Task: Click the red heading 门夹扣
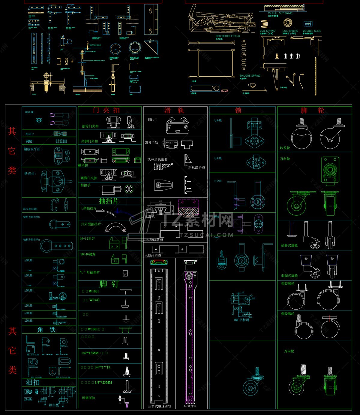pos(106,110)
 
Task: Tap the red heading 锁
pos(238,111)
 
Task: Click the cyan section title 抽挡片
pos(109,201)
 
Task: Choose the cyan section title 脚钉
pos(109,284)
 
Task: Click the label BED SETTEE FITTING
pos(228,36)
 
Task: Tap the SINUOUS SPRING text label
pos(250,76)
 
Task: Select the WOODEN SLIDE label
pos(312,31)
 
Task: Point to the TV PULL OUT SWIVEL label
pos(280,13)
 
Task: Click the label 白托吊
pos(153,119)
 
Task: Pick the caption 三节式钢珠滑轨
pos(160,406)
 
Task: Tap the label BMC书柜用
pos(241,320)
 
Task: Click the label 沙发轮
pos(285,148)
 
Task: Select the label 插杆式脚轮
pos(289,245)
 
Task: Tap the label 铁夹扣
pos(30,174)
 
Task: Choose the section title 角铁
pos(46,330)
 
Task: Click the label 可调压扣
pos(88,398)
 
